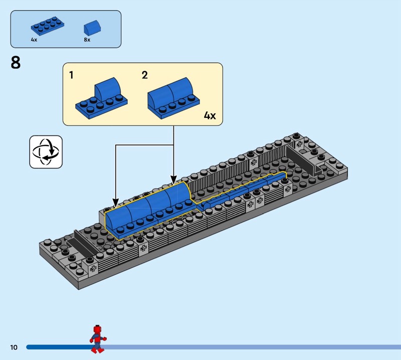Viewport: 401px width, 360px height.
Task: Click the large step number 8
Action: (16, 64)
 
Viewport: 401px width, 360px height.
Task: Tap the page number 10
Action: (13, 347)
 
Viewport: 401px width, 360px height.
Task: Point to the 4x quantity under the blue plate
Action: (34, 39)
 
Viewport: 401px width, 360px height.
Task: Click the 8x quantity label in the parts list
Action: (87, 39)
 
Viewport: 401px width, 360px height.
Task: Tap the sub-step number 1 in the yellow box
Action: (71, 75)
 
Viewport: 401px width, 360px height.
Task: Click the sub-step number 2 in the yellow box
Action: (145, 75)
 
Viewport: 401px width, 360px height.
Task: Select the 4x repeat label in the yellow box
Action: (210, 116)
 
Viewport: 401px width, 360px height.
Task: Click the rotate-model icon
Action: (46, 151)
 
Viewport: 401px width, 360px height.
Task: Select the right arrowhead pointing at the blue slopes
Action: (173, 179)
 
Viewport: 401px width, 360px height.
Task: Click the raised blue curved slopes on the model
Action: (148, 208)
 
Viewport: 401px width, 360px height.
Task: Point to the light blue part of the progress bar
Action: (251, 347)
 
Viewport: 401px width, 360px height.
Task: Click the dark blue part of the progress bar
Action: (55, 347)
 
